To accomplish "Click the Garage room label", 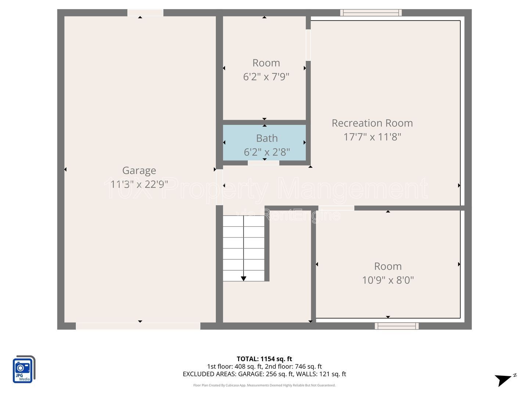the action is [139, 171].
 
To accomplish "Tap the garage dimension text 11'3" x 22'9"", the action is [139, 184].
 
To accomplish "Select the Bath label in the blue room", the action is [267, 138].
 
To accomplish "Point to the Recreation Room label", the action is [372, 123].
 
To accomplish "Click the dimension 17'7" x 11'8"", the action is [372, 137].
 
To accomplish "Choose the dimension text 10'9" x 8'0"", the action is [388, 280].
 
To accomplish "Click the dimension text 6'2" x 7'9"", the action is [266, 77].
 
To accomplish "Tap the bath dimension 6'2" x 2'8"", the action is [267, 152].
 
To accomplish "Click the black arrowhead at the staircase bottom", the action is [244, 278].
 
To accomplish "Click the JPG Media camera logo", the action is [24, 369].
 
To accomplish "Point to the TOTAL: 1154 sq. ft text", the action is [264, 359].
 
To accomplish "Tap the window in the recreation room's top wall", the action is [371, 13].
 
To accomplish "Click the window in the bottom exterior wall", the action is [396, 326].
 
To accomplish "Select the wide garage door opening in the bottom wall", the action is [138, 326].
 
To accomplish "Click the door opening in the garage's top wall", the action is [145, 13].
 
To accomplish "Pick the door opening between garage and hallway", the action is [219, 187].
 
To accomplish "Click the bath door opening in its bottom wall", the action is [263, 163].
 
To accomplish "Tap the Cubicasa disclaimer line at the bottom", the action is [264, 385].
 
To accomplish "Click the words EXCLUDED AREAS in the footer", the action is [209, 374].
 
